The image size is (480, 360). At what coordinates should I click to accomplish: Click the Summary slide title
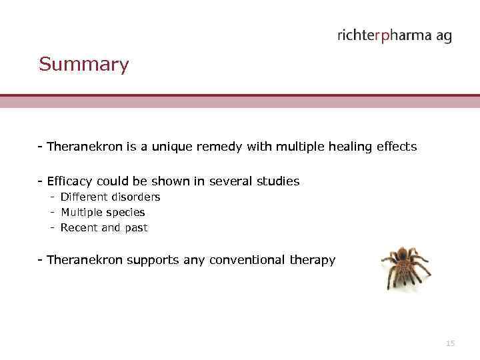click(x=83, y=65)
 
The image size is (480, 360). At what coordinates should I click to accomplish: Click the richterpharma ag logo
click(x=394, y=36)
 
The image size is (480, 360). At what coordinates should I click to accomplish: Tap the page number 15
click(x=450, y=343)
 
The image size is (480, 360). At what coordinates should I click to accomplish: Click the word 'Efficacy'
click(x=70, y=181)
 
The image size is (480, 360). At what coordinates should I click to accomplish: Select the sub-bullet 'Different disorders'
click(x=110, y=197)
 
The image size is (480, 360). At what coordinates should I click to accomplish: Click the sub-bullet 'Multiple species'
click(x=103, y=213)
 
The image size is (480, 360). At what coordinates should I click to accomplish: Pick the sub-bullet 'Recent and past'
click(x=104, y=228)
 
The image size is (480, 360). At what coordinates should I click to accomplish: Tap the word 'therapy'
click(x=313, y=261)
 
